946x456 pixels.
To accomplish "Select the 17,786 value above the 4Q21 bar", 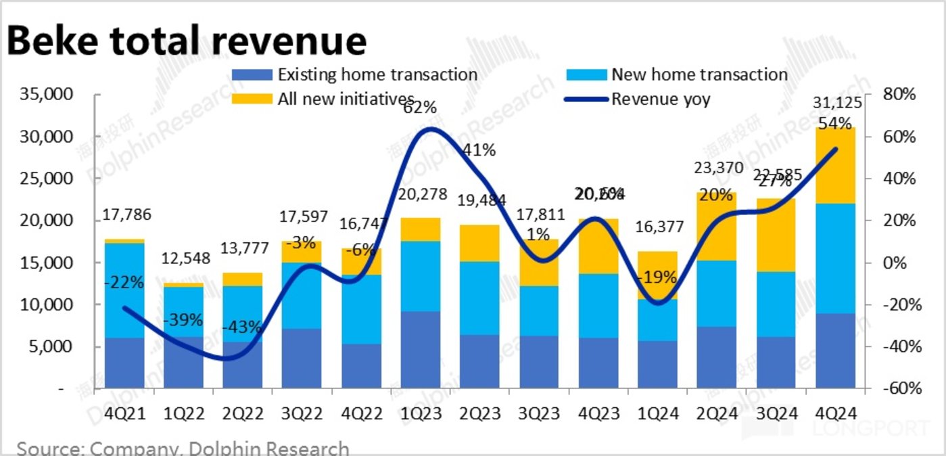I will [126, 216].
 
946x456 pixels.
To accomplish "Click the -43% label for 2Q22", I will [241, 327].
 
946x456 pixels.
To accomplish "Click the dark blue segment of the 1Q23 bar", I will [421, 349].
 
